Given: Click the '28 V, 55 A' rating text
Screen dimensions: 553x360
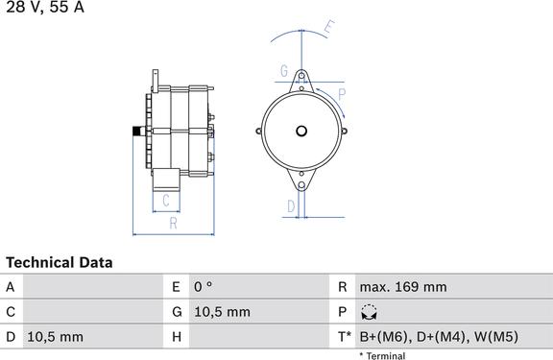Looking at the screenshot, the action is [45, 7].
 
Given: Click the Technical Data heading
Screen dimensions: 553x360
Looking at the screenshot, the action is [60, 263].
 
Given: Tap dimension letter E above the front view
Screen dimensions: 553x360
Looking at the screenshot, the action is [329, 28].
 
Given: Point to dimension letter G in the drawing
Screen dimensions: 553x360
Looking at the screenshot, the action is [284, 71].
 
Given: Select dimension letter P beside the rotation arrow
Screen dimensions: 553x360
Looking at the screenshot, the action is [342, 94].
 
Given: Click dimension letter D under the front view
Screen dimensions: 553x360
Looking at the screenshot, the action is [291, 206].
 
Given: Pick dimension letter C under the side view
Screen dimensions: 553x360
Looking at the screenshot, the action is [166, 201].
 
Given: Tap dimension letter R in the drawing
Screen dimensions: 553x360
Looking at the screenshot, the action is [173, 223].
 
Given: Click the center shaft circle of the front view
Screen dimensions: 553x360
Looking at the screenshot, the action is [301, 132].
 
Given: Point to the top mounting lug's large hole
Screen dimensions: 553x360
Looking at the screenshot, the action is [301, 76].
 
